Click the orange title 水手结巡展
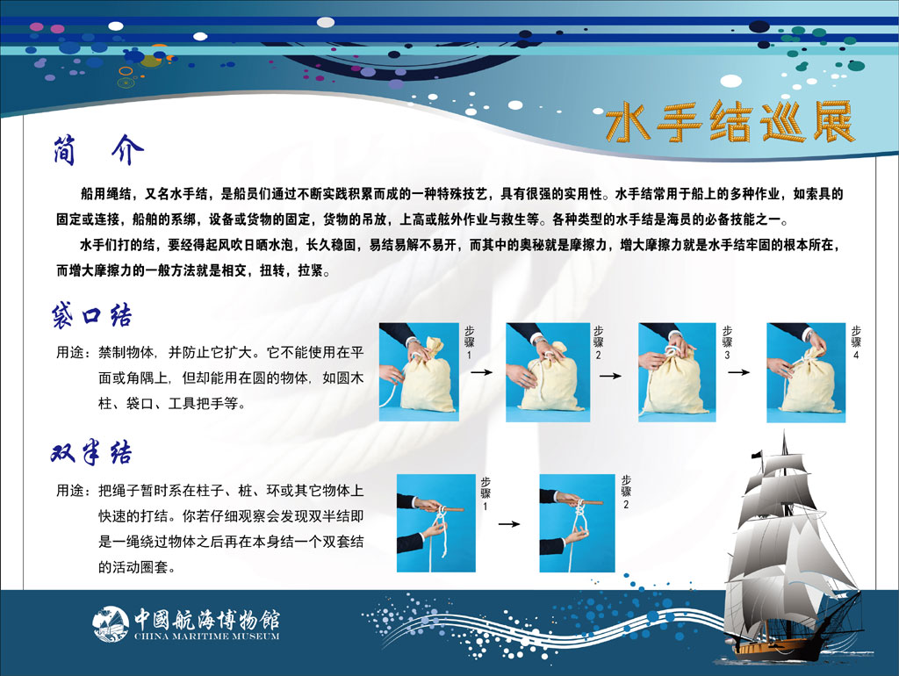[x=730, y=121]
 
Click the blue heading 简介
[x=98, y=151]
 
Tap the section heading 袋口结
[x=91, y=315]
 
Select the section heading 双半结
[x=91, y=452]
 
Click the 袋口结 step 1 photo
[x=419, y=372]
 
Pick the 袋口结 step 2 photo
[x=548, y=372]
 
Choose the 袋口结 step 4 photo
[x=806, y=373]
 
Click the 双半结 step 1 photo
[x=435, y=523]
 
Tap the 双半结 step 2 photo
[x=577, y=523]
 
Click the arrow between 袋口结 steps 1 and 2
[x=482, y=372]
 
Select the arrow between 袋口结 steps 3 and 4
[x=739, y=372]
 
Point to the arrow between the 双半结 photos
[x=508, y=523]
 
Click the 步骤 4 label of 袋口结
[x=856, y=342]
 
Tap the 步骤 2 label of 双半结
[x=626, y=492]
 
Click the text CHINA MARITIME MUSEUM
[x=207, y=636]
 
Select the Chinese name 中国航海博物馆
[x=207, y=619]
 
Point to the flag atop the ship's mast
[x=757, y=455]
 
